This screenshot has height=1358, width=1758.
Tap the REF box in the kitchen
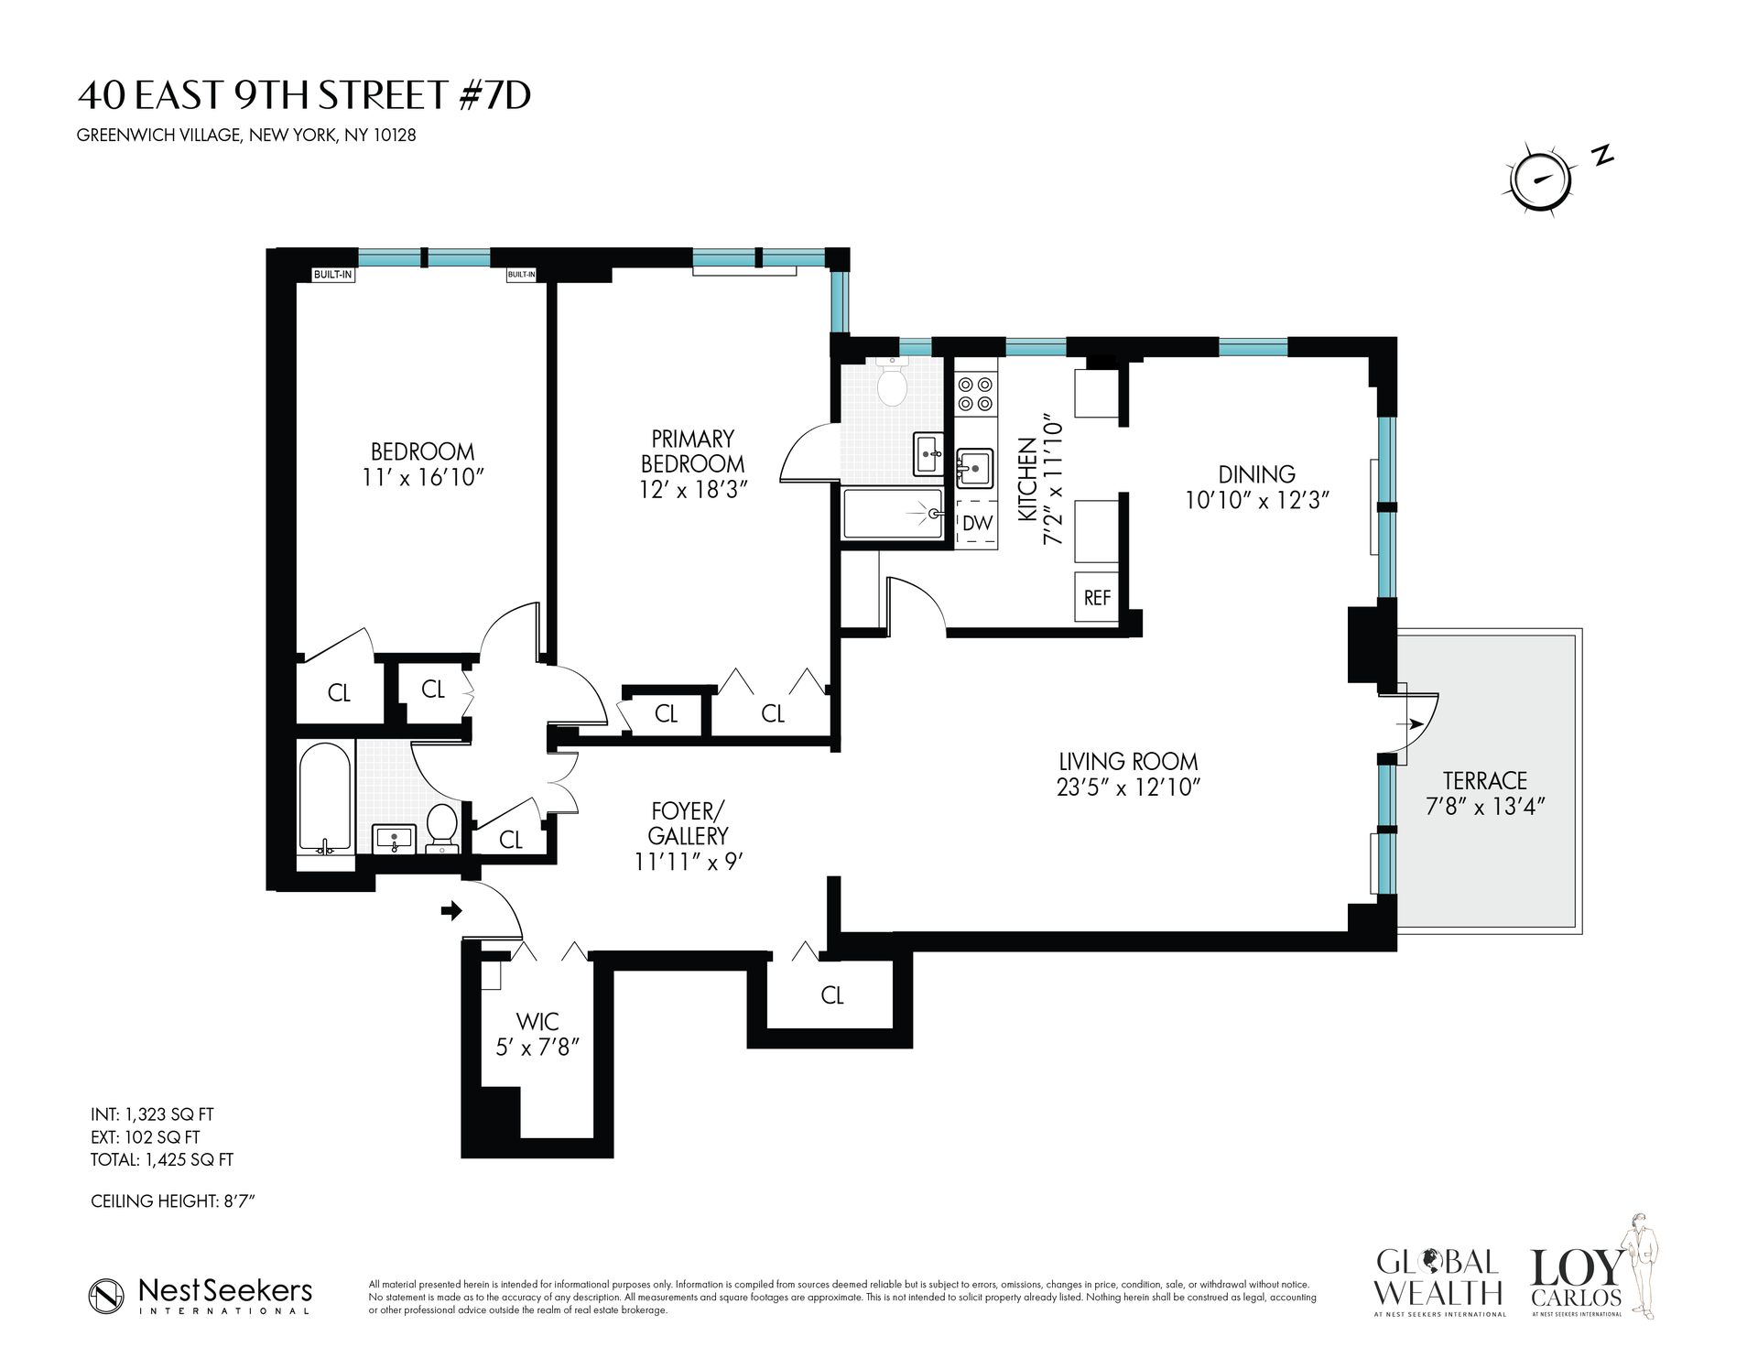[1097, 598]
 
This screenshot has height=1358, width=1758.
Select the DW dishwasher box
[977, 524]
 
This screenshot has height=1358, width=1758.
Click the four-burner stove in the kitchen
[975, 395]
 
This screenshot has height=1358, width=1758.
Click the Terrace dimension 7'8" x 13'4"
[1484, 806]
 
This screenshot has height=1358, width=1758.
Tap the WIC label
[537, 1021]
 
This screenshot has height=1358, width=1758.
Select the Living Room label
[1128, 761]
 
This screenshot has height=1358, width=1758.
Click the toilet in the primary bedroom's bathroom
[891, 385]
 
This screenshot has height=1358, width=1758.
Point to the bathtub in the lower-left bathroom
[324, 797]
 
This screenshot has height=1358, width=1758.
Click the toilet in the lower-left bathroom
[443, 827]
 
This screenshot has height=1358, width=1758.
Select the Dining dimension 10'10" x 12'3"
[1256, 500]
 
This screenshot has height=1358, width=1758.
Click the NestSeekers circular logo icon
[106, 1295]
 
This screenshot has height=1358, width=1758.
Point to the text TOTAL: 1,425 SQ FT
[162, 1159]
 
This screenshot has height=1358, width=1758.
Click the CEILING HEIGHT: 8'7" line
[172, 1200]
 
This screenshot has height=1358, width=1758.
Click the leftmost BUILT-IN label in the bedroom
[333, 274]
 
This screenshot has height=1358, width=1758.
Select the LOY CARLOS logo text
[1576, 1279]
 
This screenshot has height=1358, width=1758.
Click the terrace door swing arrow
[1414, 724]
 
